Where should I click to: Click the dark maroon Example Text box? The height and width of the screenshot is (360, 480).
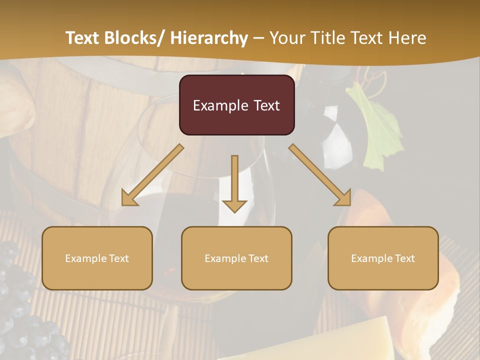pos(236,105)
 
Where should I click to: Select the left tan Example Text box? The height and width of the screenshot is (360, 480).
pos(97,258)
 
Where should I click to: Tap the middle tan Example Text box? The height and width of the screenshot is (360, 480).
pos(236,258)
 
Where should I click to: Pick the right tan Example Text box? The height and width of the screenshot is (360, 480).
pos(383,258)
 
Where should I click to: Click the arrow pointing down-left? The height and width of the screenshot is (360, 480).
pos(152,175)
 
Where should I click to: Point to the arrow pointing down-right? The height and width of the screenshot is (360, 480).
pos(320,175)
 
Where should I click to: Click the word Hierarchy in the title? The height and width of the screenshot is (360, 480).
pos(209,38)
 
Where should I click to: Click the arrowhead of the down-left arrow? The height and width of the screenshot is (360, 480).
pos(129,199)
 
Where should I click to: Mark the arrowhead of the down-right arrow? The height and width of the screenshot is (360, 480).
pos(343,198)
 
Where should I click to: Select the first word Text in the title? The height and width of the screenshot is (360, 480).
pos(83,38)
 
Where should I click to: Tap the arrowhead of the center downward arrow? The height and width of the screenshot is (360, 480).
pos(234,205)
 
